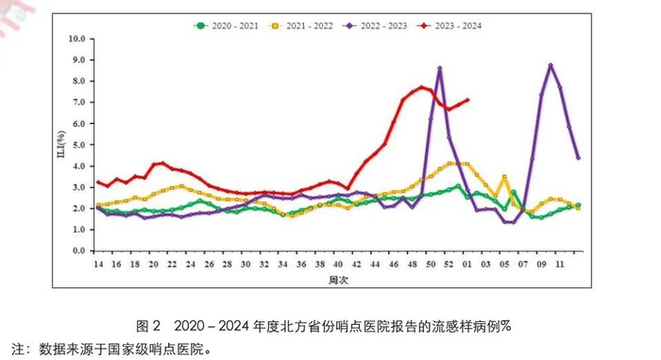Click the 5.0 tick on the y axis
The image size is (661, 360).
(78, 146)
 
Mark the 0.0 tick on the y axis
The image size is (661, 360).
(78, 252)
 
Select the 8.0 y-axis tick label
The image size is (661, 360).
(78, 81)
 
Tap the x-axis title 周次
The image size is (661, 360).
(338, 282)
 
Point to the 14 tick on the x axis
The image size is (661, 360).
(97, 266)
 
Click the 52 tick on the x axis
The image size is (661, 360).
(449, 266)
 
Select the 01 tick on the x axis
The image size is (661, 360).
(467, 266)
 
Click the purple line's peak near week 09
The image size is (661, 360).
(551, 65)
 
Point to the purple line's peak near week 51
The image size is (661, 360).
(440, 68)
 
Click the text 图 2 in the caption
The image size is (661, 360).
(146, 326)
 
